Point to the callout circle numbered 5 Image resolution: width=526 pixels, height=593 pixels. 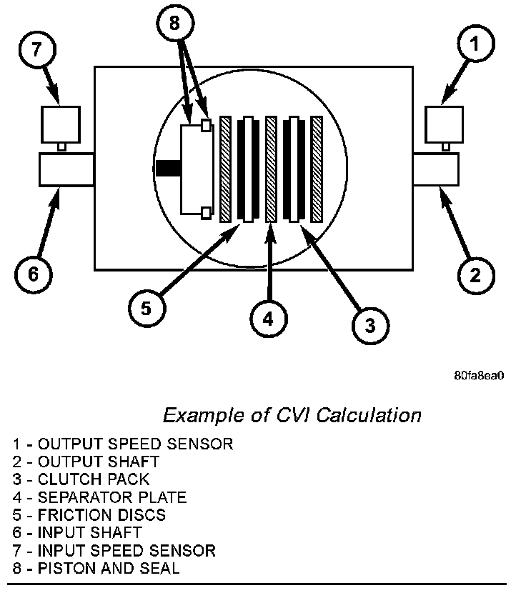pyautogui.click(x=147, y=308)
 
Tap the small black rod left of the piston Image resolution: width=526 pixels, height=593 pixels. pyautogui.click(x=167, y=169)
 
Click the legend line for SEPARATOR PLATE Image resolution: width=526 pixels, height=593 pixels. pyautogui.click(x=100, y=497)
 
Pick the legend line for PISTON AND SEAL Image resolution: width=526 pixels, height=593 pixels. pyautogui.click(x=95, y=569)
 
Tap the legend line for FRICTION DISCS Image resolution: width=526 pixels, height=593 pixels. pyautogui.click(x=89, y=515)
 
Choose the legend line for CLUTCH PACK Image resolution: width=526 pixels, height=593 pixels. pyautogui.click(x=81, y=479)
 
